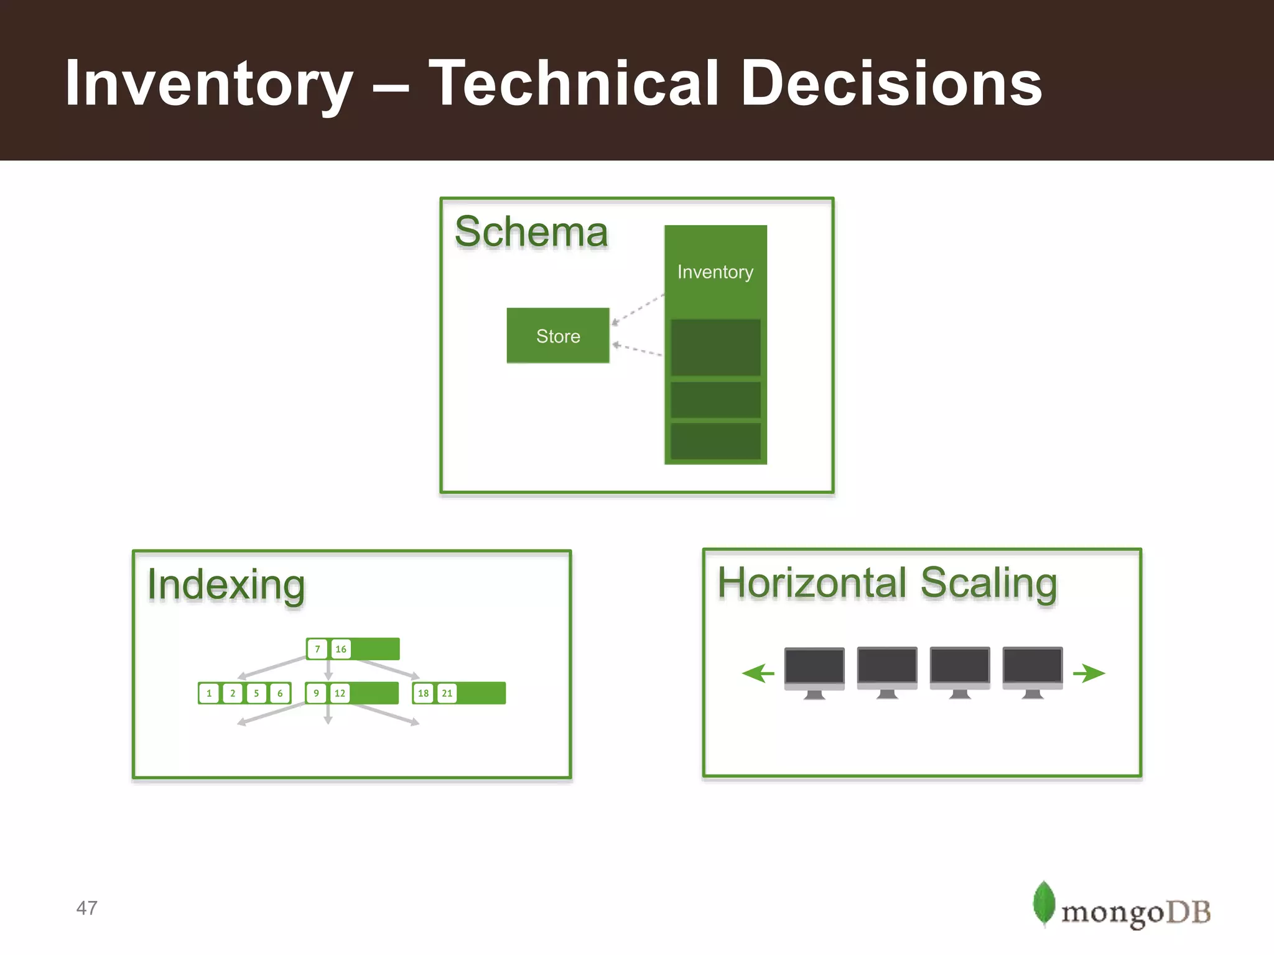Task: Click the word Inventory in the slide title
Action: pyautogui.click(x=208, y=84)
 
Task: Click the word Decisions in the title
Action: pyautogui.click(x=891, y=84)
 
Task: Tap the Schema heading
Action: pyautogui.click(x=531, y=232)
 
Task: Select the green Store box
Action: pyautogui.click(x=558, y=336)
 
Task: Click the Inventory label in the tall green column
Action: pyautogui.click(x=715, y=272)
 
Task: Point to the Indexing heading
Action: pyautogui.click(x=226, y=585)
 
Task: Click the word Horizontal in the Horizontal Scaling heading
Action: pyautogui.click(x=811, y=583)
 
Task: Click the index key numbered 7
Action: pyautogui.click(x=317, y=649)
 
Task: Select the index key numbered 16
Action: pyautogui.click(x=341, y=649)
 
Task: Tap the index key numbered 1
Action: pyautogui.click(x=209, y=693)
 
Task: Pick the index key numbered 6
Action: pyautogui.click(x=280, y=693)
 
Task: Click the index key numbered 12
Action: pyautogui.click(x=340, y=693)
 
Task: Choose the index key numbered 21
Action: pyautogui.click(x=447, y=693)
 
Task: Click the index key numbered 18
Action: pyautogui.click(x=423, y=693)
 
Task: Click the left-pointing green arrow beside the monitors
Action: pyautogui.click(x=758, y=673)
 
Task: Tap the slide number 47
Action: pyautogui.click(x=86, y=908)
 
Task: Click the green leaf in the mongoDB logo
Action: pyautogui.click(x=1043, y=903)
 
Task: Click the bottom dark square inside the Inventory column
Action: pyautogui.click(x=715, y=441)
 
